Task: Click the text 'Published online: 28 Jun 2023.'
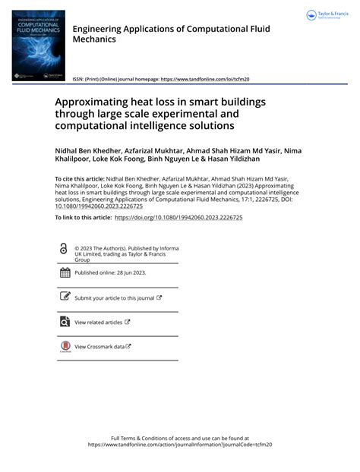click(x=109, y=272)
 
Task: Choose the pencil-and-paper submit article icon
click(x=63, y=297)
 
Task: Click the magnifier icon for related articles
click(x=63, y=322)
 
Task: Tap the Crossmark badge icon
click(x=64, y=347)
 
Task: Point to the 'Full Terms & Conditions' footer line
click(x=179, y=439)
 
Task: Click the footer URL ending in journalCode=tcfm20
click(x=179, y=446)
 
